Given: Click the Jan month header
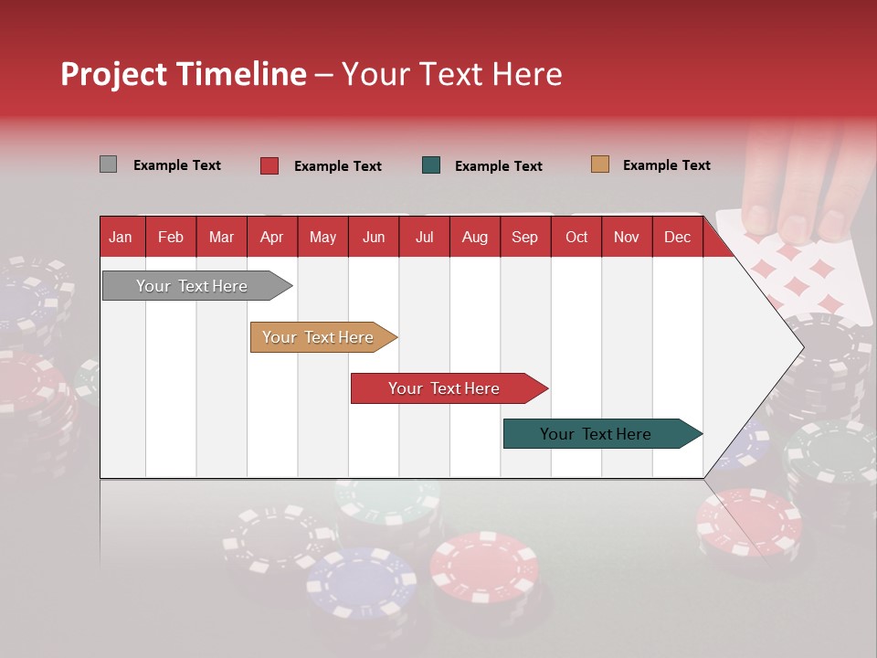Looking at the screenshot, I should coord(121,238).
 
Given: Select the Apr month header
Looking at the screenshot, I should coord(271,238).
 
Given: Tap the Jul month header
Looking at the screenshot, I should coord(424,238).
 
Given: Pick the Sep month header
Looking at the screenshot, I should coord(524,238).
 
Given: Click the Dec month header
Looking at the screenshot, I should coord(677,238).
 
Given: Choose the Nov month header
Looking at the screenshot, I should coord(626,238).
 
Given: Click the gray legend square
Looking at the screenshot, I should coord(108,164).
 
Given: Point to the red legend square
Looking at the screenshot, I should coord(269,165).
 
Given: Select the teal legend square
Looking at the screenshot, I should coord(431,165).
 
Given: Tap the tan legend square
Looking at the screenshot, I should coord(599,164).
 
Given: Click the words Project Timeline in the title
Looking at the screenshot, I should coord(183,74).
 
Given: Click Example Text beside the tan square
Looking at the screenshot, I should coord(666,165).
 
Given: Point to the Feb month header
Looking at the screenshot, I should coord(170,238).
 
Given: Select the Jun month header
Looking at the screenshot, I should coord(373,238).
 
